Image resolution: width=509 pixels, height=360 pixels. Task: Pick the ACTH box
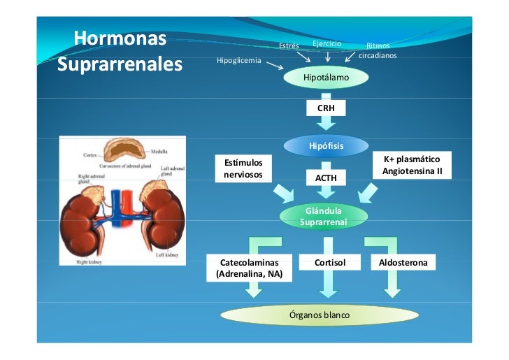click(326, 178)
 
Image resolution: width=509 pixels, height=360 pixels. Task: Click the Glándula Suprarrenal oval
click(323, 216)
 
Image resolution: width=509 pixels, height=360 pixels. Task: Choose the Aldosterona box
click(404, 263)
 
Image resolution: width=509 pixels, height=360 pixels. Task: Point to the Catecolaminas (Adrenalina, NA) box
click(250, 268)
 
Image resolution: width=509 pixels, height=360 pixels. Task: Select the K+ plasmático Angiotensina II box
click(412, 165)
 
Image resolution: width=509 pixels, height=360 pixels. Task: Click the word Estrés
click(289, 46)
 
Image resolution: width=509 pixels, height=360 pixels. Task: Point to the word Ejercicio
click(327, 43)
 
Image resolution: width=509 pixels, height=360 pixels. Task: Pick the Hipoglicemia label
click(238, 61)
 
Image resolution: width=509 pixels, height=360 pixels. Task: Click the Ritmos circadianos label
click(378, 50)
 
